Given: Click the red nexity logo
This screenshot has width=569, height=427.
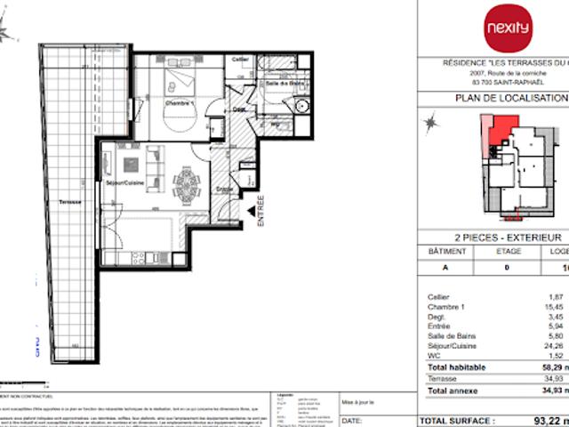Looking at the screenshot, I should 507,28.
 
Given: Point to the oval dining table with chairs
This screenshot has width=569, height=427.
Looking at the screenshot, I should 187,185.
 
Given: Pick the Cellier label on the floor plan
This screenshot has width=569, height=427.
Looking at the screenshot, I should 240,59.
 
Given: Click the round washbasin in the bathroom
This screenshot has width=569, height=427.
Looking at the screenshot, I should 301,106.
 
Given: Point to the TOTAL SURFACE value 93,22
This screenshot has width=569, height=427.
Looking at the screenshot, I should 546,419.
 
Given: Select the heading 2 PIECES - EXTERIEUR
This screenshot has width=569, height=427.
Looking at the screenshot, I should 508,238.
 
